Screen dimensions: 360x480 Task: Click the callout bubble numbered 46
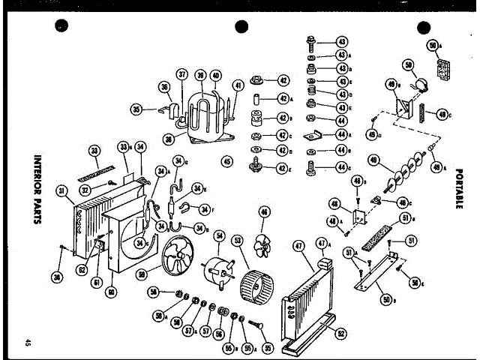coord(263,212)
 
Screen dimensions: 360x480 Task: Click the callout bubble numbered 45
coord(226,160)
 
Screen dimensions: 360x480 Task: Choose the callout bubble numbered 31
coord(62,189)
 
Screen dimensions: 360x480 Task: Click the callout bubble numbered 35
coord(136,109)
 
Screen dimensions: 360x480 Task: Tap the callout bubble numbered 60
coord(111,292)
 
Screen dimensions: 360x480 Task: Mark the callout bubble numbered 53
coord(238,241)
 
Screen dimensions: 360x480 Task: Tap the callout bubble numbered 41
coord(238,86)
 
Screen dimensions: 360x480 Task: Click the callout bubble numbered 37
coord(181,73)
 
